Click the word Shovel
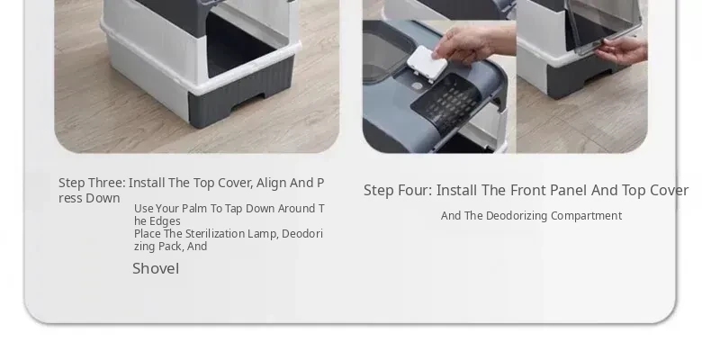[156, 269]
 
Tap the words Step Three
[92, 183]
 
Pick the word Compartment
[586, 216]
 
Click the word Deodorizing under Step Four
[517, 216]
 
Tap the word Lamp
[266, 234]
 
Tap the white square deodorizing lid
[427, 64]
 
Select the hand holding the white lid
[474, 44]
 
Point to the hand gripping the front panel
[621, 50]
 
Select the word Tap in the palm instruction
[234, 209]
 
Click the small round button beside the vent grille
[417, 85]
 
